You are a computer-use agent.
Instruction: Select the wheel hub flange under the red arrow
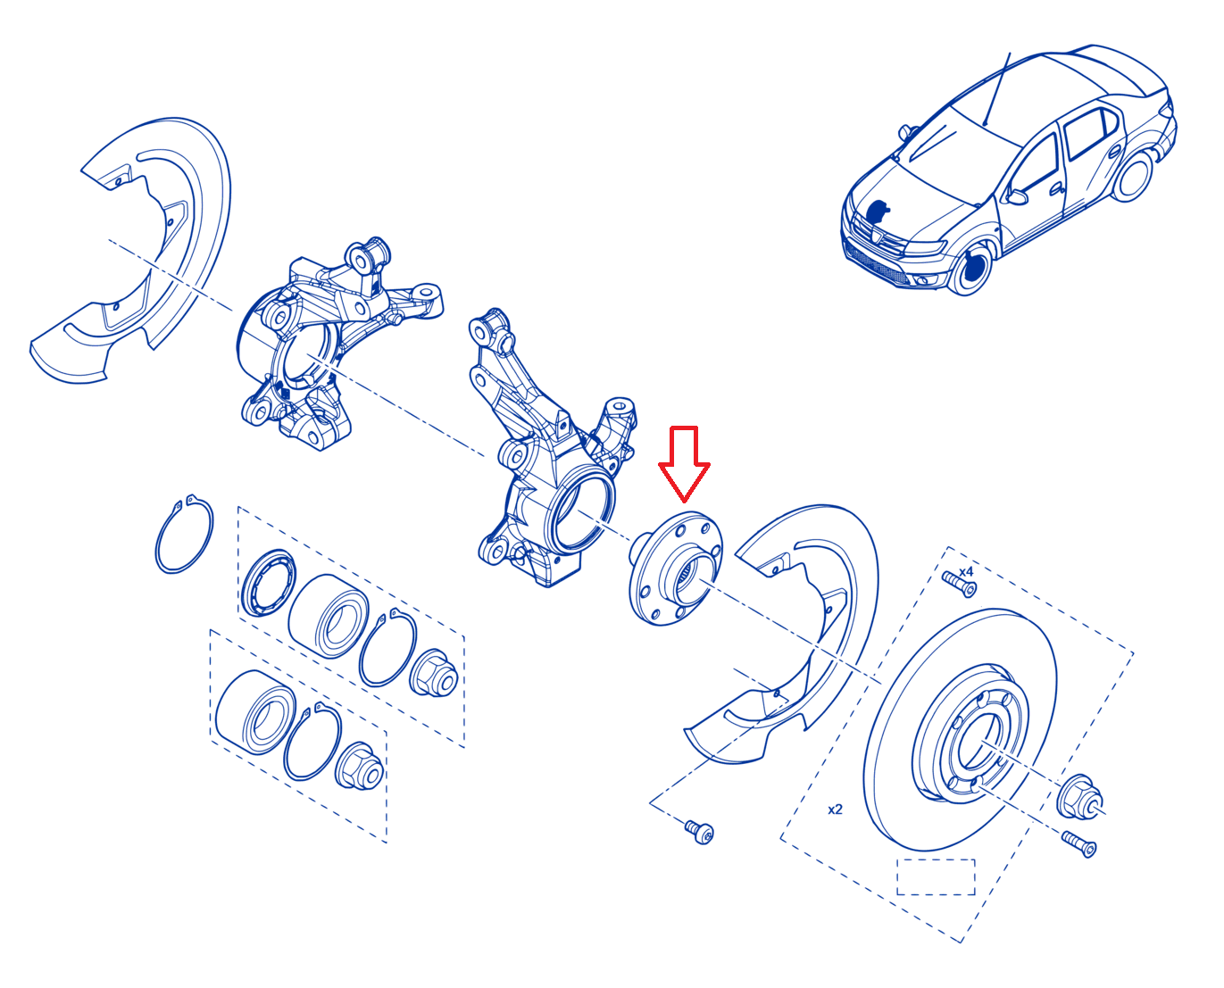[x=676, y=569]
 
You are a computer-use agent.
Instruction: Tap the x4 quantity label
[x=965, y=571]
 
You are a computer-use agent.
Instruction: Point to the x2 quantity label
[x=835, y=809]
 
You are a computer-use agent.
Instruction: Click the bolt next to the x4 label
[x=959, y=584]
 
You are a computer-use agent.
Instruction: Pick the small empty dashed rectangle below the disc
[x=937, y=877]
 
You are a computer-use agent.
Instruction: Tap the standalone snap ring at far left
[x=184, y=535]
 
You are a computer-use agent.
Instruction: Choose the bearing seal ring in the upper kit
[x=269, y=582]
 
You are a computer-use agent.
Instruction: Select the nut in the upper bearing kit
[x=434, y=673]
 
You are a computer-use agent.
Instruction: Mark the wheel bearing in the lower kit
[x=255, y=711]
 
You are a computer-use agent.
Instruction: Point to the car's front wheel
[x=971, y=269]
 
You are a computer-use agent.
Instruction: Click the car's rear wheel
[x=1133, y=175]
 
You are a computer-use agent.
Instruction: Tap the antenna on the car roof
[x=996, y=89]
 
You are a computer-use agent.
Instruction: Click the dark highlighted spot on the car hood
[x=878, y=211]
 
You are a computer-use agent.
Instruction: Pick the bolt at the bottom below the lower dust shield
[x=699, y=832]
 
